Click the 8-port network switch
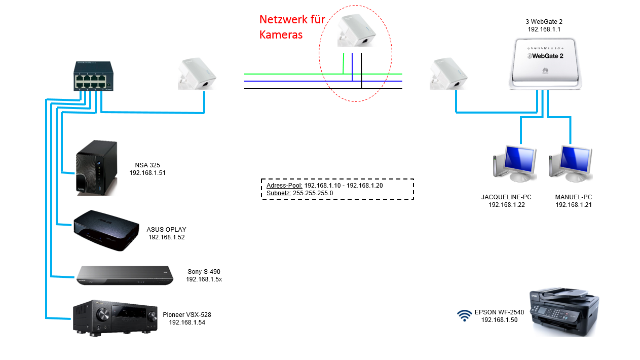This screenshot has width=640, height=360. (93, 76)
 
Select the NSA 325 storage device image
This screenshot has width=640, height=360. (97, 167)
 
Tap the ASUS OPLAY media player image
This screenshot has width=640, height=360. (106, 231)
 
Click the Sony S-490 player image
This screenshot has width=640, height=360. (124, 275)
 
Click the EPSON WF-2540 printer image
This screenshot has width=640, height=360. (563, 311)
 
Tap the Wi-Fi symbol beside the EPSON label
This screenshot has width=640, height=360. (464, 316)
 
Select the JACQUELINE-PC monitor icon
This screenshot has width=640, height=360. (515, 164)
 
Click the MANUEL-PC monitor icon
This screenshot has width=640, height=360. (571, 164)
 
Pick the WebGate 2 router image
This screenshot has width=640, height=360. (545, 64)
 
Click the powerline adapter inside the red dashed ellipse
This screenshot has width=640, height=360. (356, 31)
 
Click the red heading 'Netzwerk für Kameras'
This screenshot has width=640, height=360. (292, 27)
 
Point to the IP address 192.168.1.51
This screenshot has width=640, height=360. (147, 173)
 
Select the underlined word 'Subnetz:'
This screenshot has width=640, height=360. (279, 193)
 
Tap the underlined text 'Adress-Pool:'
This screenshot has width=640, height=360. (284, 186)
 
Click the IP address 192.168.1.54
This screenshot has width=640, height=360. (187, 322)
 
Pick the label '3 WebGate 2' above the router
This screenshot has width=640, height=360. (544, 22)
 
